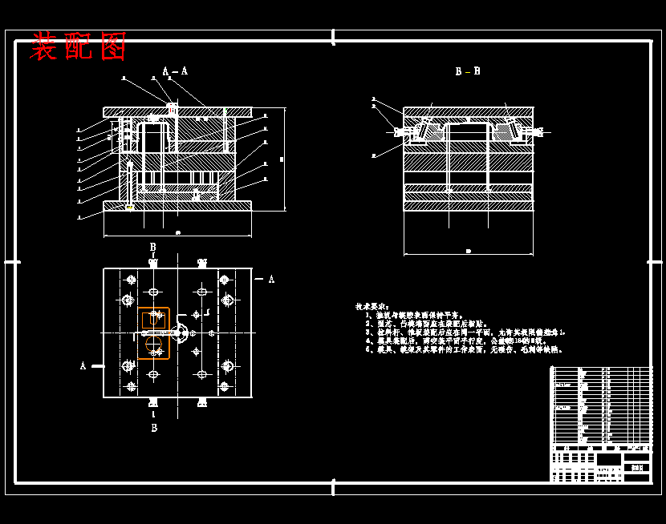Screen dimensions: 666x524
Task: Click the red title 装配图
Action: (79, 46)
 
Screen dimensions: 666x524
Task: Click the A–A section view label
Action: (175, 71)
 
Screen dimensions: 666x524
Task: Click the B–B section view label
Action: (468, 71)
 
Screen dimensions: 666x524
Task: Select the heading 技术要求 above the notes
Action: (372, 307)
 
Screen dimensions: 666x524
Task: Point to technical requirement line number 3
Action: (465, 332)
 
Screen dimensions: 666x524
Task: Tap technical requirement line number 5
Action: (465, 349)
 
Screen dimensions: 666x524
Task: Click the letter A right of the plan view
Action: (271, 280)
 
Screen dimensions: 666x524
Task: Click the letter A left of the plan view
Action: (83, 366)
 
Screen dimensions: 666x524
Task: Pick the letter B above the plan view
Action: (153, 248)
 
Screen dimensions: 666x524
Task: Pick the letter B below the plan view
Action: (154, 428)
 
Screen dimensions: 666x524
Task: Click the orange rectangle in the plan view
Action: (153, 333)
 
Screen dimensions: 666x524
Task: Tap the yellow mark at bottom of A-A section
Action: (129, 208)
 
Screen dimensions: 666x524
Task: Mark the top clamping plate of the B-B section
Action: (468, 111)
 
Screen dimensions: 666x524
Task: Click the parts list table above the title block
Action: (601, 405)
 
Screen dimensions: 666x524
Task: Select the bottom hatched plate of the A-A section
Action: (177, 206)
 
